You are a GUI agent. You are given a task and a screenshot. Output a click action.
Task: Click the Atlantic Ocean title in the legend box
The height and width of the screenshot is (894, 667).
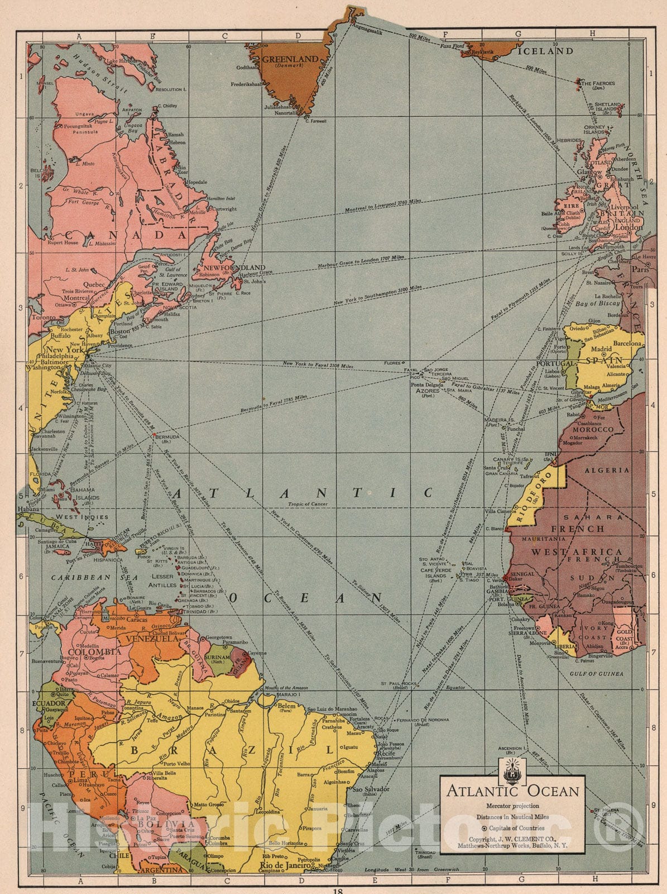pyautogui.click(x=512, y=791)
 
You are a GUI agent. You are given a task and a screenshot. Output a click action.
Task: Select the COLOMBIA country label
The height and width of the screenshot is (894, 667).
pyautogui.click(x=94, y=652)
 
